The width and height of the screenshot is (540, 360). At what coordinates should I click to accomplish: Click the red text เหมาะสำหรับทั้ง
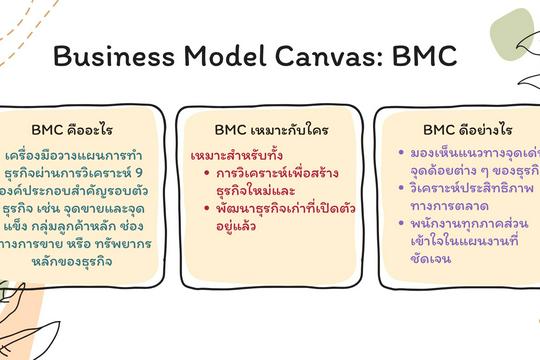(232, 157)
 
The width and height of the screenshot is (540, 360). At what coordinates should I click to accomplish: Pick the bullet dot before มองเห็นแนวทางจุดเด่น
(401, 153)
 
